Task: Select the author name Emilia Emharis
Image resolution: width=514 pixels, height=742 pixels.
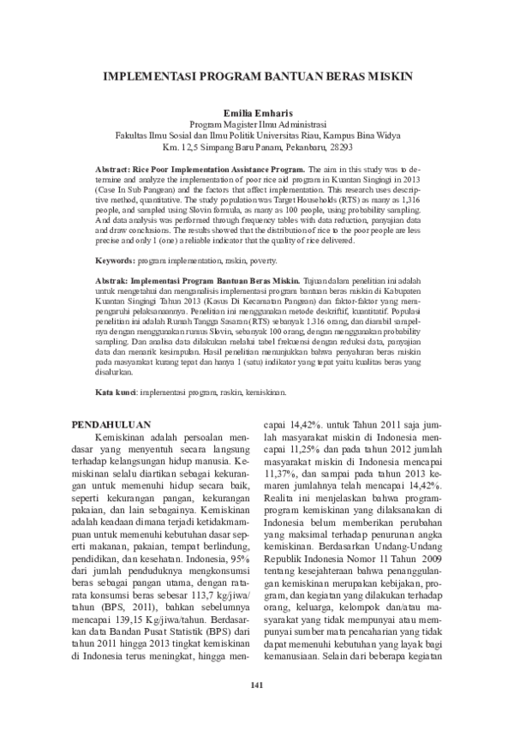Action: [x=257, y=111]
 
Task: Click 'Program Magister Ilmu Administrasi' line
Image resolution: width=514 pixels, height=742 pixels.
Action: [x=257, y=123]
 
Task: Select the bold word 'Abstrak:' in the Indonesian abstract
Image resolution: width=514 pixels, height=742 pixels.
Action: [x=115, y=280]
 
